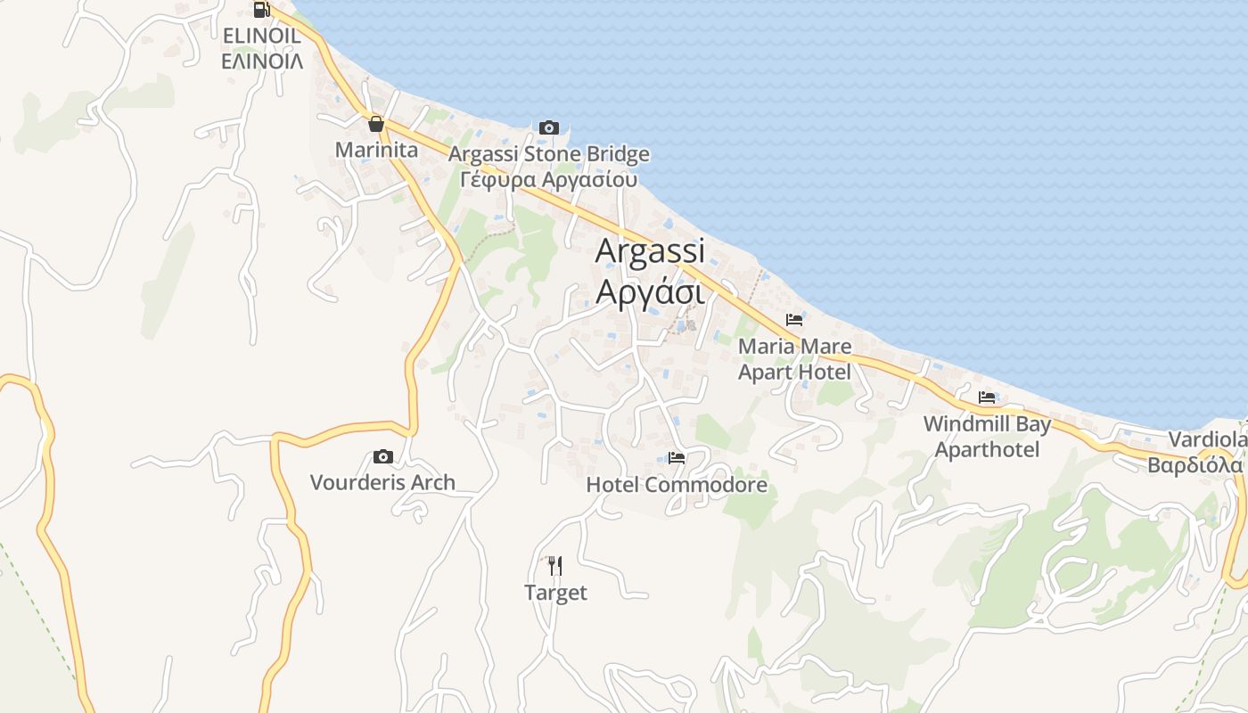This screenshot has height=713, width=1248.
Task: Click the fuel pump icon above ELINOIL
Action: tap(261, 10)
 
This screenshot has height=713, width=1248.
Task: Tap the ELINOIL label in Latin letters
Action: tap(261, 36)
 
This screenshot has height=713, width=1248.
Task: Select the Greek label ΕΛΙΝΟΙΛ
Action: tap(262, 61)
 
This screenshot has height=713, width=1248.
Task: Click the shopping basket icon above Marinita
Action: tap(376, 124)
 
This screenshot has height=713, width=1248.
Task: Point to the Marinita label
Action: tap(376, 150)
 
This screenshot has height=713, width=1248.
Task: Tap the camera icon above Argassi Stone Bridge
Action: tap(549, 128)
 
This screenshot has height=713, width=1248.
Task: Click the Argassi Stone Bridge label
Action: tap(549, 154)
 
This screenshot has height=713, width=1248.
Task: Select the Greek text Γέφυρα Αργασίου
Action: tap(549, 179)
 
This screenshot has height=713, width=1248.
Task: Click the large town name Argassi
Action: tap(650, 250)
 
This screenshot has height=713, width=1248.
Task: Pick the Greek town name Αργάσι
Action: tap(650, 291)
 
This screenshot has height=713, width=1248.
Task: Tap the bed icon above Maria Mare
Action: tap(794, 320)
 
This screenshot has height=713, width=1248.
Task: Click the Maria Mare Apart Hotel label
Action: tap(794, 358)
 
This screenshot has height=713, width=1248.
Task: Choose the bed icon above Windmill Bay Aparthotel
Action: tap(987, 397)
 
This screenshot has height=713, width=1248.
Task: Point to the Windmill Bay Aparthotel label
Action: tap(987, 437)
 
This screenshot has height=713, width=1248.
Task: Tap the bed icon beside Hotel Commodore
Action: tap(677, 459)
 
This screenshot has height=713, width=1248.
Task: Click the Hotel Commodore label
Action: tap(677, 485)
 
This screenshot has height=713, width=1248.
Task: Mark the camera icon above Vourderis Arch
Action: tap(383, 457)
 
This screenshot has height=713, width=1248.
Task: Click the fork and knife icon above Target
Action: tap(555, 565)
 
